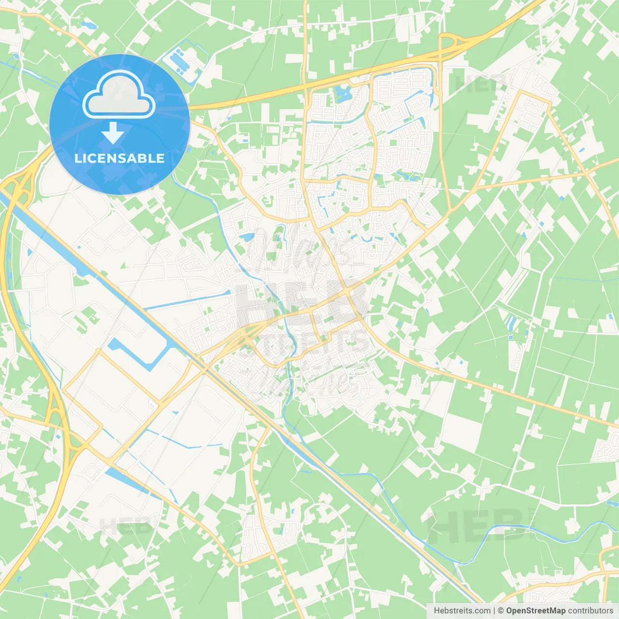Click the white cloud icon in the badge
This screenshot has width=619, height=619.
coord(119,95)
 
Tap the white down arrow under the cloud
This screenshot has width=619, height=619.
coord(113,133)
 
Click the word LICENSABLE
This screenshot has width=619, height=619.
coord(119,158)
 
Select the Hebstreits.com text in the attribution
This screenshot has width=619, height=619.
coord(462,611)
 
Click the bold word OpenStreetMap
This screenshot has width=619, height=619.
coord(536,611)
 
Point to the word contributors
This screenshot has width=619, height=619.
coord(590,611)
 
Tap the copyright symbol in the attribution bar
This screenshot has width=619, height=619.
coord(501,611)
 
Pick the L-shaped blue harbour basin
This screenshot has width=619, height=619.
coord(145,355)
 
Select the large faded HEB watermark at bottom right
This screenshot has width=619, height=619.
coord(476,526)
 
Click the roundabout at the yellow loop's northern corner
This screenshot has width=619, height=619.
coord(99,350)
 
